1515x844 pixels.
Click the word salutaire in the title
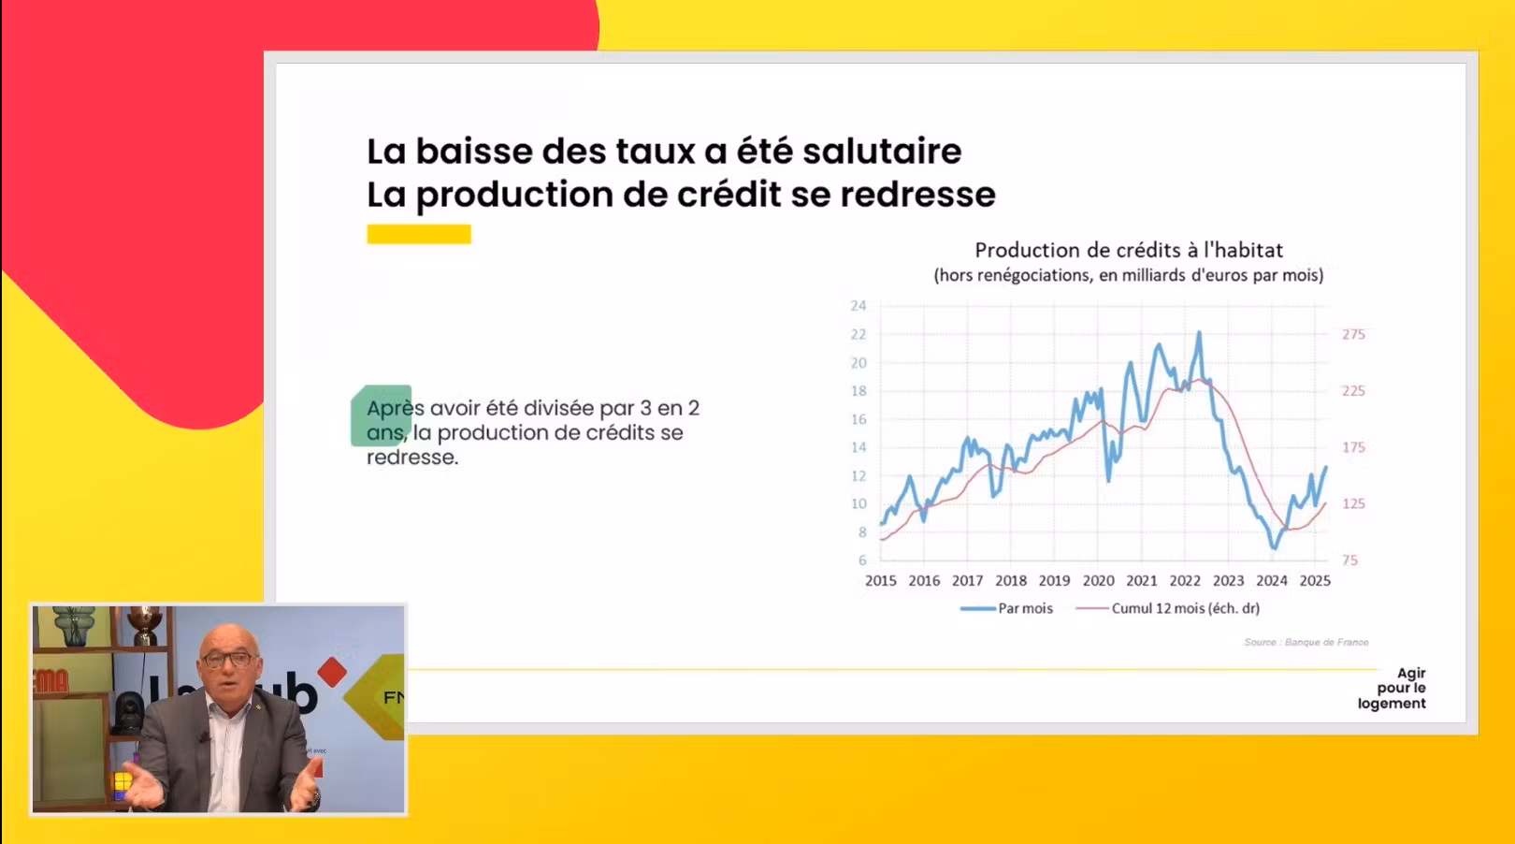(x=882, y=151)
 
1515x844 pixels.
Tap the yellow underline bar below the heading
(x=419, y=234)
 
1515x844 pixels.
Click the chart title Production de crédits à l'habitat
(x=1128, y=251)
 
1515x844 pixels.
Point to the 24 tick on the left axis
(x=858, y=306)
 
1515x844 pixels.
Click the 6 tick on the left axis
(x=862, y=560)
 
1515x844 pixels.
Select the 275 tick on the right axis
(x=1353, y=334)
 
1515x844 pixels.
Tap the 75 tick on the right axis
(x=1350, y=560)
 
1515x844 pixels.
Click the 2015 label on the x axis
(x=881, y=581)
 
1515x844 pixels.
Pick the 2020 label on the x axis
(x=1098, y=581)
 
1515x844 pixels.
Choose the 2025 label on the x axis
(x=1315, y=581)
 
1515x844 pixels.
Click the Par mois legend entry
(x=1006, y=608)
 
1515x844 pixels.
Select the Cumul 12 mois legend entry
(x=1167, y=608)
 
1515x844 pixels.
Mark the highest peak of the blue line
(x=1199, y=332)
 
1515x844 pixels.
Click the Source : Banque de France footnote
(x=1306, y=642)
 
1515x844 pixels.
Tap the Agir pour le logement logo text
(x=1392, y=689)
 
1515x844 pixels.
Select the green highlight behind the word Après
(x=381, y=415)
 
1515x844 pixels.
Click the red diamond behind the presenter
(x=332, y=672)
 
